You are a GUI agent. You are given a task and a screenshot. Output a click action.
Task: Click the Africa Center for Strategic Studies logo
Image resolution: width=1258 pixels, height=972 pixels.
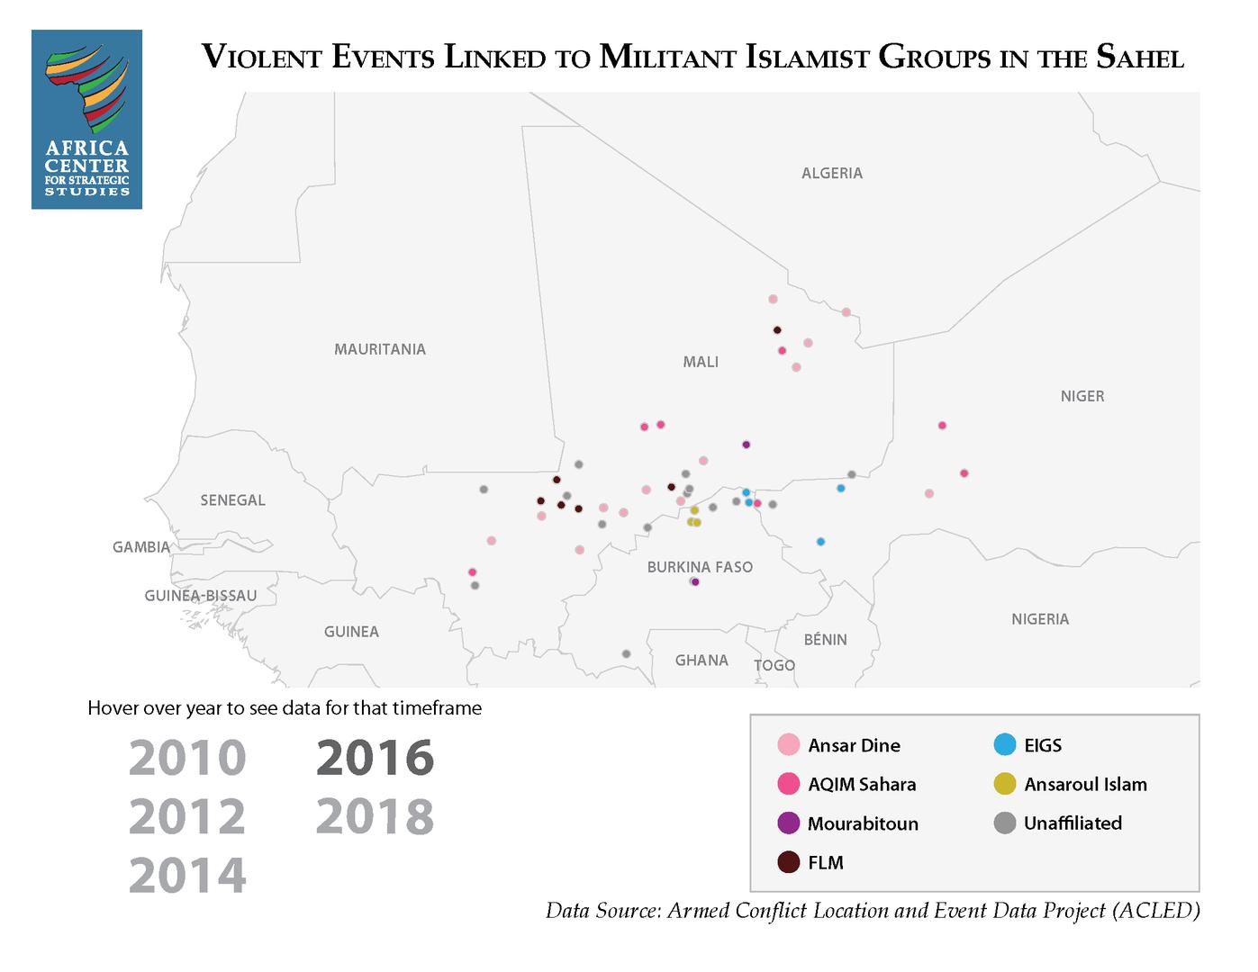[x=86, y=120]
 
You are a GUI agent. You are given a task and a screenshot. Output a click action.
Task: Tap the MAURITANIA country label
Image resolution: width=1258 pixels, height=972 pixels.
[x=379, y=349]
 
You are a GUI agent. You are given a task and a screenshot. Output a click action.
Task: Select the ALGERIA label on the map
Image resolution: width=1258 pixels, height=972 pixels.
[x=831, y=173]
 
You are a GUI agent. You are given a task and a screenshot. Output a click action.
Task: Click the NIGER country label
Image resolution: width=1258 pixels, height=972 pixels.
[x=1082, y=396]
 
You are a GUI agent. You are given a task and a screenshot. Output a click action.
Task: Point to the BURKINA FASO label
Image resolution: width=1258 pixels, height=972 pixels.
[x=700, y=567]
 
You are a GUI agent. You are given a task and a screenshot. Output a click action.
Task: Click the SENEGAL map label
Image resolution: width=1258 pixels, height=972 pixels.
[x=232, y=500]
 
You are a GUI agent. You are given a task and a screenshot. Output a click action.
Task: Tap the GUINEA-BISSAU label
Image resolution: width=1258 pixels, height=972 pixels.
[x=200, y=596]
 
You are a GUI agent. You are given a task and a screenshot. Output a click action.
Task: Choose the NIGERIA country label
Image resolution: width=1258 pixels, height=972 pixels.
[x=1039, y=619]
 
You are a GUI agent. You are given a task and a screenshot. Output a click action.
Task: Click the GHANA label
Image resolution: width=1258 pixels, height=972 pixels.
[x=701, y=661]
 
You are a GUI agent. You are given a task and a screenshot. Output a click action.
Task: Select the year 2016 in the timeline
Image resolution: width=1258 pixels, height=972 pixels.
[x=375, y=758]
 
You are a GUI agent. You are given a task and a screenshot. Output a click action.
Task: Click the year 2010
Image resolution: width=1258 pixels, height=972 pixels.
[x=187, y=758]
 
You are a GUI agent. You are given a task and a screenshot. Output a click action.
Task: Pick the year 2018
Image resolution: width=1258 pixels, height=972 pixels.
[x=375, y=816]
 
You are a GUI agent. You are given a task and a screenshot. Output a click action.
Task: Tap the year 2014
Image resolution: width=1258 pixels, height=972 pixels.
[x=187, y=875]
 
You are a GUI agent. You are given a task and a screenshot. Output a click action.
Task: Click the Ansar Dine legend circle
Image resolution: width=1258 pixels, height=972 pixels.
[x=789, y=745]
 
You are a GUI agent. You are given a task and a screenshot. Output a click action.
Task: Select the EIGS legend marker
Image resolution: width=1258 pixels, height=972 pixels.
[x=1005, y=745]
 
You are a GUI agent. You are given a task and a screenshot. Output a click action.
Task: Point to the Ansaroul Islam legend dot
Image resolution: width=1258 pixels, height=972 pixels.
[x=1005, y=784]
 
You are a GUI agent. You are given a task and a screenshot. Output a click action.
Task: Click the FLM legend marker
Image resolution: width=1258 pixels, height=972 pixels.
[x=789, y=862]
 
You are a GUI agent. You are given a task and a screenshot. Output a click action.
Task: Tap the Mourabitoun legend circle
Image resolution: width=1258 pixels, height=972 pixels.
[x=789, y=823]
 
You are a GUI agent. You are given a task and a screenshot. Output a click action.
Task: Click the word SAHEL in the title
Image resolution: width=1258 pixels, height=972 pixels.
[x=1139, y=58]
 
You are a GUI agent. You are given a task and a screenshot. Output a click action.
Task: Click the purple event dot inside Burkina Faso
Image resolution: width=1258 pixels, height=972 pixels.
[x=695, y=581]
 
